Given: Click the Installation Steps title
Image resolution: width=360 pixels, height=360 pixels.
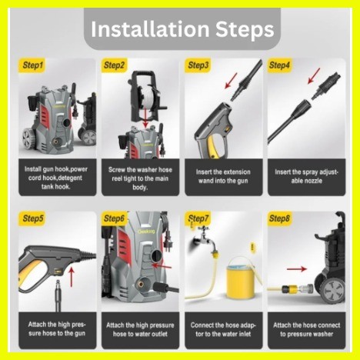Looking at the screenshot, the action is (182, 29).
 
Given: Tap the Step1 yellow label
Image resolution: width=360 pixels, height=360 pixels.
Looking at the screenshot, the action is (32, 65).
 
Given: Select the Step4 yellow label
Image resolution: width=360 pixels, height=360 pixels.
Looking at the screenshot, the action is (279, 65).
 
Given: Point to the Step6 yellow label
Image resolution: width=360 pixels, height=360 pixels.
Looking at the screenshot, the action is (114, 218).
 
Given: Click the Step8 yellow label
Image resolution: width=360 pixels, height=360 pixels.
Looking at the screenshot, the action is (279, 218).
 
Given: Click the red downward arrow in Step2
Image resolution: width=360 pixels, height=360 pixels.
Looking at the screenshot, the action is (145, 118).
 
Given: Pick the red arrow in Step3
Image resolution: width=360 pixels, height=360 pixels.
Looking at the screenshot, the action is (231, 81).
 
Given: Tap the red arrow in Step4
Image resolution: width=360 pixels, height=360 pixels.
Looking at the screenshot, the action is (314, 76).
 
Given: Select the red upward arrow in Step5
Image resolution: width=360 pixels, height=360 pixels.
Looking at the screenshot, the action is (72, 277).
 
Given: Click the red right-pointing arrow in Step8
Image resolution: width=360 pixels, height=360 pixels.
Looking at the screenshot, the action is (297, 268).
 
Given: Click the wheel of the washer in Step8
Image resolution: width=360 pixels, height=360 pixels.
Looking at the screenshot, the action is (333, 291).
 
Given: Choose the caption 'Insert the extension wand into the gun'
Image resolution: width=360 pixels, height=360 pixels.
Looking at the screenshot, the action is (223, 176).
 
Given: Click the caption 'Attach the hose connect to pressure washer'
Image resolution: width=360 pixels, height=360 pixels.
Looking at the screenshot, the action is (306, 329).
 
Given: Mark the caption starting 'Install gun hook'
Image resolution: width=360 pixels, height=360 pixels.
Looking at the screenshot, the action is (56, 178).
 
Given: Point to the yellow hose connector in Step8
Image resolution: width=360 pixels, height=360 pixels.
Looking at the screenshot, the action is (288, 289).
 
